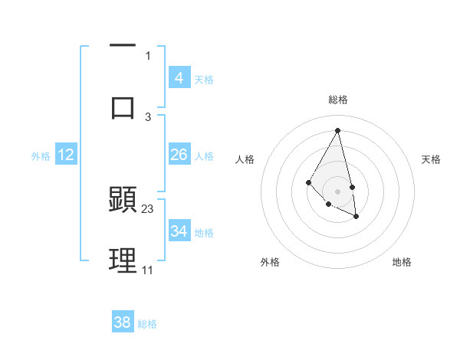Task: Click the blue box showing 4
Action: (179, 78)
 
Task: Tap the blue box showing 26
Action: (179, 155)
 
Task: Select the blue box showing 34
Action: (179, 231)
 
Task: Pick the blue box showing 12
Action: (66, 155)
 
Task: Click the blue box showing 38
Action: (123, 322)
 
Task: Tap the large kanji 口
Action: (123, 107)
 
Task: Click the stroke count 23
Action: (148, 208)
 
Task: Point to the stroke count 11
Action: (147, 270)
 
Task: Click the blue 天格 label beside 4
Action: (204, 80)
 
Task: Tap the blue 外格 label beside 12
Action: (41, 156)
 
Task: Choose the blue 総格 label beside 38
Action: (147, 324)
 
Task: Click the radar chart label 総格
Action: (338, 100)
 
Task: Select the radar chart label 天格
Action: (432, 159)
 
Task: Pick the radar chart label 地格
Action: (402, 262)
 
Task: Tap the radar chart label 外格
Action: (270, 262)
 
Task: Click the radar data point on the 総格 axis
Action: (338, 129)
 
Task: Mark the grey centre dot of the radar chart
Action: (338, 191)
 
